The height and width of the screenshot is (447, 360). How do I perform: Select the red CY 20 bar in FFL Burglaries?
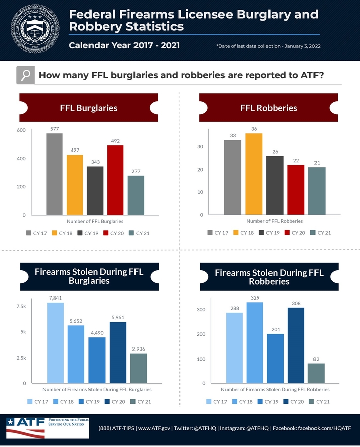(x=115, y=180)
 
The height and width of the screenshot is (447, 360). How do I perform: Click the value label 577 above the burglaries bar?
(x=55, y=129)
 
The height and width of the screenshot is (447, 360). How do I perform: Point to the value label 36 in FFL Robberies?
(x=254, y=129)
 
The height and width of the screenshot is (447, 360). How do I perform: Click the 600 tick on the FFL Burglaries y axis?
(x=21, y=130)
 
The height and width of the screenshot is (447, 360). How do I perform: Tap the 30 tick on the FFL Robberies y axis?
(x=200, y=147)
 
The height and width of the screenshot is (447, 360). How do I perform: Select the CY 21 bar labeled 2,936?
(x=139, y=368)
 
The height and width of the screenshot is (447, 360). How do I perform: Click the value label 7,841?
(x=55, y=299)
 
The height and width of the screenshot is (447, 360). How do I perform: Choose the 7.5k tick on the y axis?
(x=21, y=306)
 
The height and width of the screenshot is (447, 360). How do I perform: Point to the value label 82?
(x=316, y=359)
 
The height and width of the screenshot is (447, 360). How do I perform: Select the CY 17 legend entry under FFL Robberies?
(x=217, y=233)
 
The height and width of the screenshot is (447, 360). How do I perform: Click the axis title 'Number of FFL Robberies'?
(x=275, y=221)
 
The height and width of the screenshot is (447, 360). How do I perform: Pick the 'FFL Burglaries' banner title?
(x=88, y=108)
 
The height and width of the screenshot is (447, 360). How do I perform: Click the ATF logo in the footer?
(x=25, y=427)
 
